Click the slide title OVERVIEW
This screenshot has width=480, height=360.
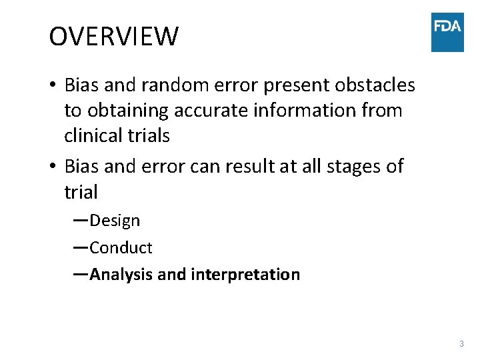pyautogui.click(x=113, y=37)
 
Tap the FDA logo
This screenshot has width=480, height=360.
pyautogui.click(x=447, y=31)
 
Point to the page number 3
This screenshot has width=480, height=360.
pyautogui.click(x=461, y=344)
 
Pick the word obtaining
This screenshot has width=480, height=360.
pyautogui.click(x=126, y=111)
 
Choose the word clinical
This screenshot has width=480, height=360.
pyautogui.click(x=90, y=136)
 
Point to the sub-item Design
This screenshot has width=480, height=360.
pyautogui.click(x=115, y=221)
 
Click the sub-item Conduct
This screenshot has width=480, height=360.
pyautogui.click(x=121, y=248)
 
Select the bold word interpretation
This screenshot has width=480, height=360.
pyautogui.click(x=245, y=275)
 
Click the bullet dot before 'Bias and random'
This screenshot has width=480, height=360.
pyautogui.click(x=53, y=86)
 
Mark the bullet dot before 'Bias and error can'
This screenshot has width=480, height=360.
pyautogui.click(x=53, y=167)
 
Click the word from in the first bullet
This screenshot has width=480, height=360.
pyautogui.click(x=379, y=111)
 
